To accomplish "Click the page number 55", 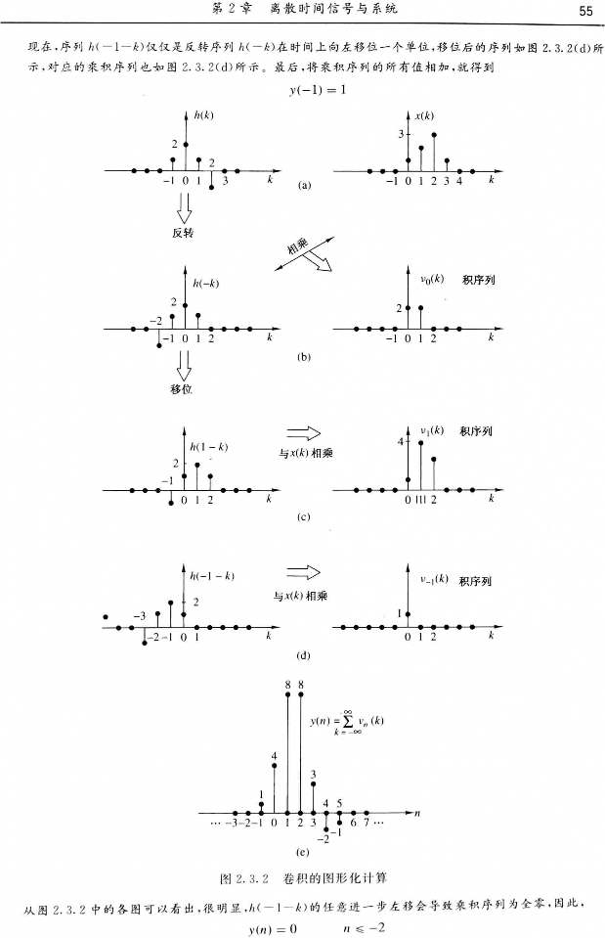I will (x=585, y=11).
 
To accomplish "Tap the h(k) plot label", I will (x=203, y=114).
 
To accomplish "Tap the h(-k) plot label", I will (x=206, y=283).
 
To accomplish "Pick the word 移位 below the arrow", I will (x=181, y=389).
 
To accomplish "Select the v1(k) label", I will (x=432, y=429).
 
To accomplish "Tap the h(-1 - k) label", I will (x=213, y=575).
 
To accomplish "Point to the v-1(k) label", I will (x=430, y=578).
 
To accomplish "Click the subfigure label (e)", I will (x=302, y=852).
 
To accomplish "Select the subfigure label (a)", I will (x=305, y=184).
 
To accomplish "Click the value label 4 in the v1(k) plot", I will (x=401, y=442).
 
